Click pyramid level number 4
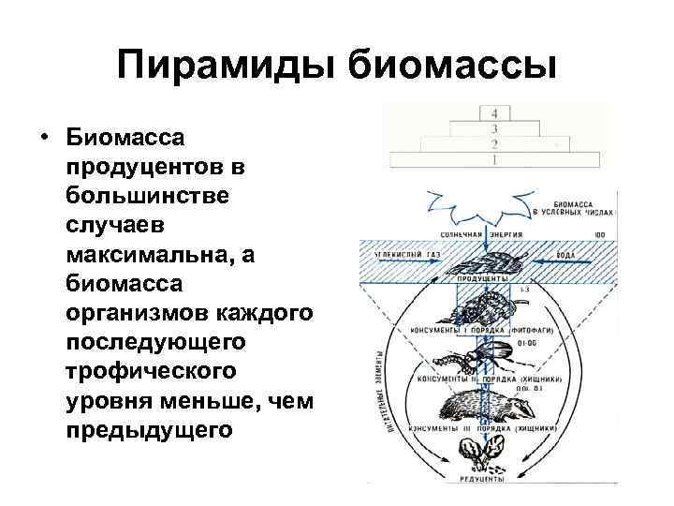(x=493, y=112)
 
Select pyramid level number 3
(x=493, y=128)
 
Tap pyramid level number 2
(x=493, y=144)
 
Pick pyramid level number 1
(x=493, y=160)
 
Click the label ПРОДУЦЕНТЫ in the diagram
(x=483, y=279)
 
